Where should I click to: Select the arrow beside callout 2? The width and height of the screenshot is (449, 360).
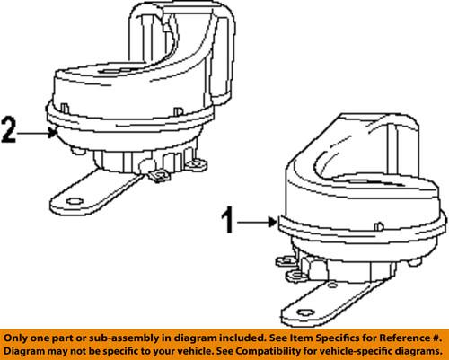click(41, 132)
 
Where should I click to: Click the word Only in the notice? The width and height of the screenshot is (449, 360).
click(18, 335)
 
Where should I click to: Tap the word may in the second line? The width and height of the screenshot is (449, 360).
click(64, 349)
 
